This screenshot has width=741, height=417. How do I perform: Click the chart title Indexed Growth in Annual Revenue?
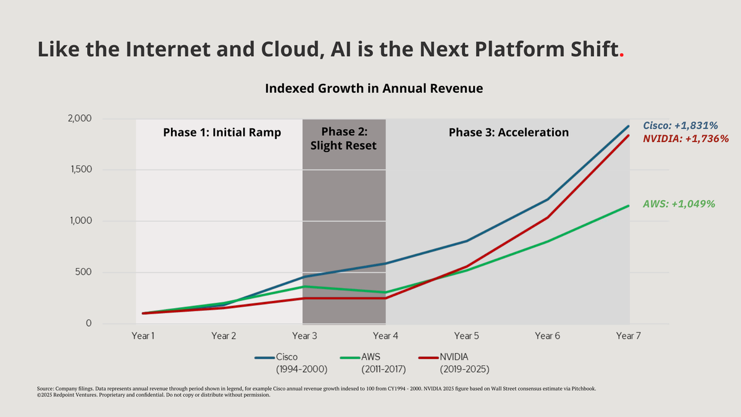point(374,88)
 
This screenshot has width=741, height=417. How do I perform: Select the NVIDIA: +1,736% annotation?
point(685,139)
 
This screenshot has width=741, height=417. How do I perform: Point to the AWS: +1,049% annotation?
point(684,204)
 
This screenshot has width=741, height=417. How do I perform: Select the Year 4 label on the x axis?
point(385,336)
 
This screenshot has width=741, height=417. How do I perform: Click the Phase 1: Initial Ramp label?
point(222,132)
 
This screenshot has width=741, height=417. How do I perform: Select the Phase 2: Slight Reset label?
point(345,138)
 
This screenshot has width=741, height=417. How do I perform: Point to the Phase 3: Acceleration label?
point(508,132)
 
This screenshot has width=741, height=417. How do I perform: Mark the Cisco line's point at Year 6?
point(547,200)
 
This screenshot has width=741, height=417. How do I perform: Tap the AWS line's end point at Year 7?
point(629,206)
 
